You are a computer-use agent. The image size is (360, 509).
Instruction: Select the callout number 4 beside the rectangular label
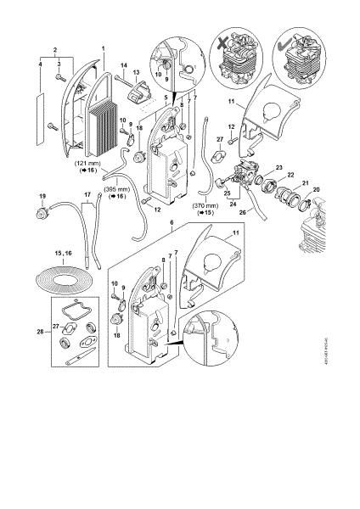(x=40, y=64)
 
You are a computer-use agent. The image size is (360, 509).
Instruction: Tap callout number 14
(x=123, y=65)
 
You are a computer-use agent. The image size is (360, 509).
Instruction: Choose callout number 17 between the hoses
(x=85, y=204)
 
